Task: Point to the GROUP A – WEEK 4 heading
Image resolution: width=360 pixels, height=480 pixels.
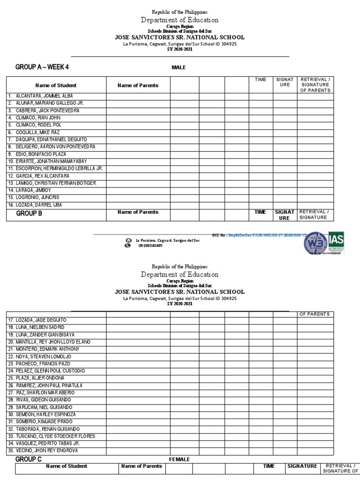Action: [x=42, y=67]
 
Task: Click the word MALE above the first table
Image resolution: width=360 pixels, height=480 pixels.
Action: [x=179, y=67]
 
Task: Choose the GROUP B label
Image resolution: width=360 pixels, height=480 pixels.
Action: [x=29, y=213]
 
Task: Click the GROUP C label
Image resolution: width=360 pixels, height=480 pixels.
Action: [x=29, y=459]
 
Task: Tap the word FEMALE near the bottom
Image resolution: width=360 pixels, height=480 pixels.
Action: [x=180, y=459]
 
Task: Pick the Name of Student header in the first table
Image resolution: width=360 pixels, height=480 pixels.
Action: [x=56, y=85]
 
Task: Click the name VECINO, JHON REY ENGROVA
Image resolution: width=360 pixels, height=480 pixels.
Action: [x=43, y=450]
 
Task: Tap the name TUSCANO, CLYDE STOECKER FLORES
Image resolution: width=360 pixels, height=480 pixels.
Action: [x=51, y=436]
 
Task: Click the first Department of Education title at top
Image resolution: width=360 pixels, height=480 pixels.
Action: [x=180, y=20]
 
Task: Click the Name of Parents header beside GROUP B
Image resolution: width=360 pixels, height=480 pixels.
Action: [x=138, y=212]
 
